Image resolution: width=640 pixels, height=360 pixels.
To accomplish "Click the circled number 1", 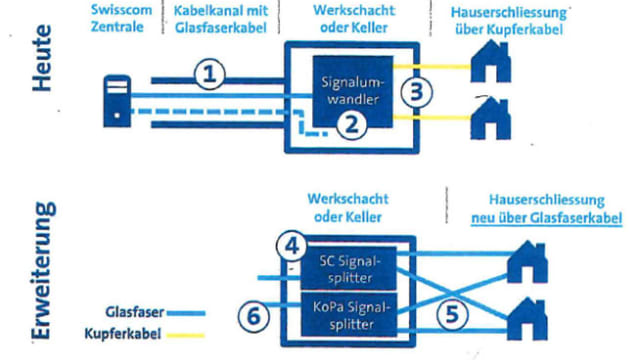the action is [209, 75].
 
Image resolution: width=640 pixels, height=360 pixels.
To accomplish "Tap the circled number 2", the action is [351, 125].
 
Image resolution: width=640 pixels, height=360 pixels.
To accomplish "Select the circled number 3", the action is [416, 92].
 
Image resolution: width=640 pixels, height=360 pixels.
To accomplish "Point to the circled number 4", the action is [291, 246].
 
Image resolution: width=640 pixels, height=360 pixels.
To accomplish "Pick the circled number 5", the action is [452, 315].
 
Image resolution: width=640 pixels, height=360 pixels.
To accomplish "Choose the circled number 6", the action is [253, 316].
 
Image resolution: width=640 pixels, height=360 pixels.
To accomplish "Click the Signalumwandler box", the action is [353, 91].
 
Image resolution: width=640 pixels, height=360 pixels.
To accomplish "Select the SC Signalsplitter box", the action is [349, 268].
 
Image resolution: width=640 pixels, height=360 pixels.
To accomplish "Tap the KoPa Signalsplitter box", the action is [349, 314].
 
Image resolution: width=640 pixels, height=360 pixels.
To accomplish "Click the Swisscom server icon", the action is [117, 101].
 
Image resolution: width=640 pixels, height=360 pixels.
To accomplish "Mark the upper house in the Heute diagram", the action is [491, 61].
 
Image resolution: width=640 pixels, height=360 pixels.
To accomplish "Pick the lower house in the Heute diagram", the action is [491, 118].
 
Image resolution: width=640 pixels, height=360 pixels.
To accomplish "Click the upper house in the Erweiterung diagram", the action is [527, 262].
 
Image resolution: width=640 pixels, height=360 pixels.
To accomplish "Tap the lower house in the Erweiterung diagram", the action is [527, 319].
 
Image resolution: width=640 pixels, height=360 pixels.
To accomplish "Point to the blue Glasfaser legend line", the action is [186, 313].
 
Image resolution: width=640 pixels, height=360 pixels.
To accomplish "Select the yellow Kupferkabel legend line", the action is [186, 336].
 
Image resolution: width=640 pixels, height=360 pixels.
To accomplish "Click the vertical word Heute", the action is [42, 58].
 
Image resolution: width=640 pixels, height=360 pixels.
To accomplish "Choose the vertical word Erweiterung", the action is [43, 270].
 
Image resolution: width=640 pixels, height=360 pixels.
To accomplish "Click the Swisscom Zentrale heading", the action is [121, 18].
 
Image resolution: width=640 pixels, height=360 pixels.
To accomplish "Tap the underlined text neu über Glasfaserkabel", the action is [547, 218].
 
